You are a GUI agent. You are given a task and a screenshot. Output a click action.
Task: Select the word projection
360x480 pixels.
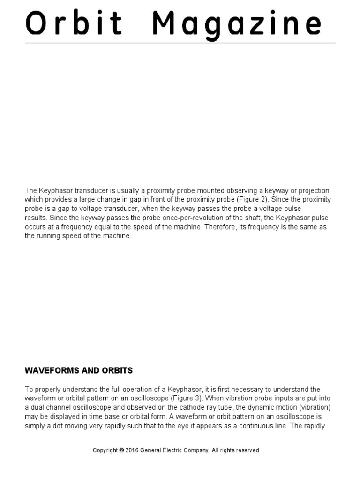[x=313, y=190]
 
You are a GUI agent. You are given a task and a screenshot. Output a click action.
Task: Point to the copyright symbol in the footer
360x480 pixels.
[x=121, y=450]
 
